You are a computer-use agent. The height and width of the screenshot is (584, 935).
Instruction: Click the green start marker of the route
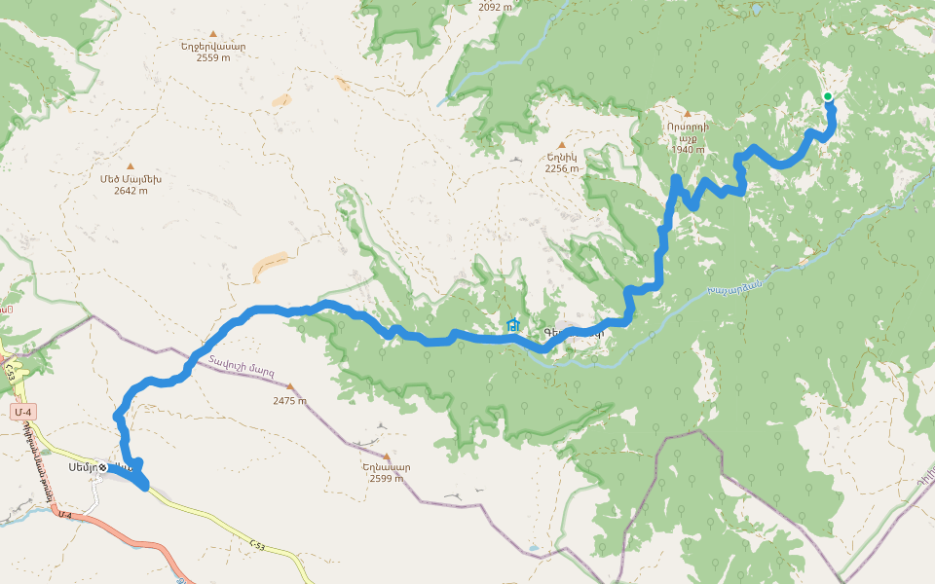tap(827, 96)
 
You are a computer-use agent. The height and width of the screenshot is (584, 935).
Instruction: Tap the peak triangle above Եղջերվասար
tap(212, 33)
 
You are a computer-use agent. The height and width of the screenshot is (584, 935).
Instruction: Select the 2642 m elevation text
tap(131, 191)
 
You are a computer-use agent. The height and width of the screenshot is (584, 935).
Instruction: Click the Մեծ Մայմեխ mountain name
tap(131, 179)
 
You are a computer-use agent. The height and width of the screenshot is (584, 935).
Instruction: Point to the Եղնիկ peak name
tap(562, 157)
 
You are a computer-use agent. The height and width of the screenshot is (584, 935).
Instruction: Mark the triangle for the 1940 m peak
tap(687, 114)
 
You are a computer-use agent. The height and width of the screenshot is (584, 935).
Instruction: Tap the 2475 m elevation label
tap(289, 401)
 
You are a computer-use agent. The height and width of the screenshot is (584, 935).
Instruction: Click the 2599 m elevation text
tap(386, 478)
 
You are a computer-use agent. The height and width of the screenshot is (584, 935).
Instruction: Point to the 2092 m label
tap(496, 7)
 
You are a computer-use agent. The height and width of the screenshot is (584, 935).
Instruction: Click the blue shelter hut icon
tap(513, 325)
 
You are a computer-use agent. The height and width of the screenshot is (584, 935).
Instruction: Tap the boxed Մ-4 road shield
tap(24, 413)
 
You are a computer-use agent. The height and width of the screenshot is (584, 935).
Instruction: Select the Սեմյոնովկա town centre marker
tap(102, 467)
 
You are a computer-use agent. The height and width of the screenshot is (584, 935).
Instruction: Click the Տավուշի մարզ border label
tap(240, 368)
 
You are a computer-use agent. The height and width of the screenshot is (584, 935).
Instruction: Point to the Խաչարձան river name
tap(734, 283)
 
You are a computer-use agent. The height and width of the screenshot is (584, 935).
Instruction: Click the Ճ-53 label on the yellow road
tap(256, 547)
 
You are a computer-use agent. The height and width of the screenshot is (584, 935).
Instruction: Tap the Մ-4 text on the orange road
tap(65, 514)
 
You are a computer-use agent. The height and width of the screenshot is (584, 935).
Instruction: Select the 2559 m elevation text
tap(212, 57)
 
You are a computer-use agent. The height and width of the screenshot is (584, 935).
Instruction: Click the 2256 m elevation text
tap(562, 168)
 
